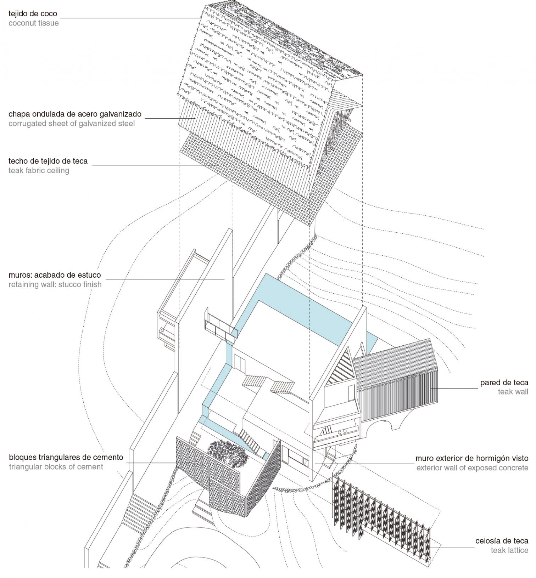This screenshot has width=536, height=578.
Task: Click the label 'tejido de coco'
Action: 33,14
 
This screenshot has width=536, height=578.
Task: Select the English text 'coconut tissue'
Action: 34,23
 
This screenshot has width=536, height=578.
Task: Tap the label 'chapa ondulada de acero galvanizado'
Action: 75,114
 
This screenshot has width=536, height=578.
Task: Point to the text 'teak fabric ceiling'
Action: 39,171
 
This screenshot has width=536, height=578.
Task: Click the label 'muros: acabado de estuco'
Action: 55,275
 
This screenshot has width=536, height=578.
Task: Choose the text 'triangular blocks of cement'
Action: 56,467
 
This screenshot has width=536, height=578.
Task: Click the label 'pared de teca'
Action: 504,382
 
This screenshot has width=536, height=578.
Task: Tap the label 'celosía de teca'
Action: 502,541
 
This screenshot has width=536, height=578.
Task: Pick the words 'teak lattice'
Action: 509,550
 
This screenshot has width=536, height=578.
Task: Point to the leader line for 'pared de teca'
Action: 454,388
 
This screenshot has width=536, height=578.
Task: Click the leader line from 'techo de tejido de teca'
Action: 152,166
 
